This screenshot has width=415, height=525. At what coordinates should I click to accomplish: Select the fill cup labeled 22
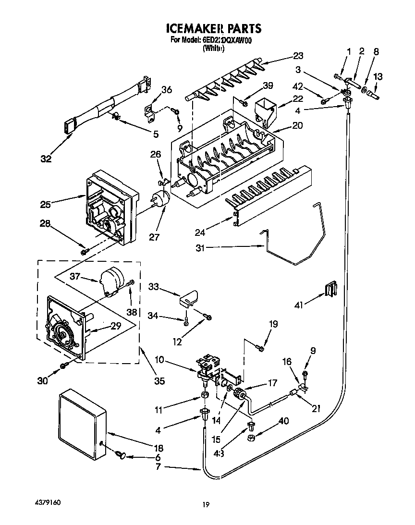[x=266, y=111]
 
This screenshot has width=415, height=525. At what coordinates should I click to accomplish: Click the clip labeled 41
[x=330, y=290]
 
